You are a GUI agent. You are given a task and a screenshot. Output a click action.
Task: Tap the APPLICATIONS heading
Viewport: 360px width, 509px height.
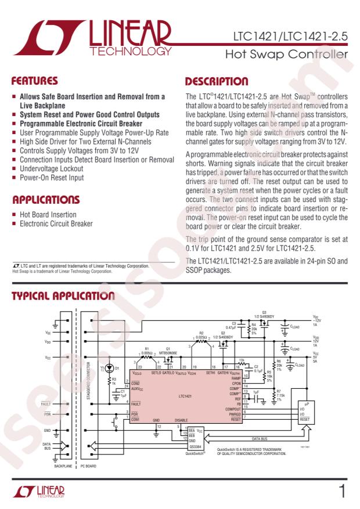click(46, 200)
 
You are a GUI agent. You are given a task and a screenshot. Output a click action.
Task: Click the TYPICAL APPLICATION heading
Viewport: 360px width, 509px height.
click(63, 296)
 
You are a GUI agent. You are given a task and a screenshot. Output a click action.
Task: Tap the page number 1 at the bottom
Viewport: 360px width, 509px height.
click(342, 492)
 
